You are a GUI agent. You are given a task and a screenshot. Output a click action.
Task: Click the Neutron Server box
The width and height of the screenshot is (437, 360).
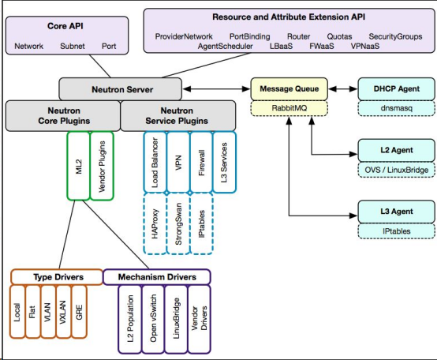click(x=121, y=89)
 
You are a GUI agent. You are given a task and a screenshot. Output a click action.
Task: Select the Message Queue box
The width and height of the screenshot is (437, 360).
click(x=289, y=89)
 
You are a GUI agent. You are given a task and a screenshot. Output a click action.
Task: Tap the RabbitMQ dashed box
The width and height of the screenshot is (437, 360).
click(x=289, y=108)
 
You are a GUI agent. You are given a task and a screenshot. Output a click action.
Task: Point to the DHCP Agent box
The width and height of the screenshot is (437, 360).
click(x=396, y=89)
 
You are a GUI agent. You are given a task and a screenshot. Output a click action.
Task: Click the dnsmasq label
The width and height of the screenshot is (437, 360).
click(x=396, y=108)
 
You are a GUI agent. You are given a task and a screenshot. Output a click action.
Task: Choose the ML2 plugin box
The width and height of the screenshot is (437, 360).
click(x=79, y=166)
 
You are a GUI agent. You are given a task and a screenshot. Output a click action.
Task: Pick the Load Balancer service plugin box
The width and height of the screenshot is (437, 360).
click(x=155, y=163)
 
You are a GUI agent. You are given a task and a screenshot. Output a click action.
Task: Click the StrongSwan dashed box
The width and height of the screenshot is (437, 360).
click(x=178, y=223)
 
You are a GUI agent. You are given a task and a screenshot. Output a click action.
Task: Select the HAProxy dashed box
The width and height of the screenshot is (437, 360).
click(x=155, y=223)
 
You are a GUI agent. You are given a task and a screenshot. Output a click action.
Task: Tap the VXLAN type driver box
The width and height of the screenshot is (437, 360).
click(x=63, y=312)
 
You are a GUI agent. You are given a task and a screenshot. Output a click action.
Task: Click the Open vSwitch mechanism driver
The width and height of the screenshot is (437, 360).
click(x=153, y=319)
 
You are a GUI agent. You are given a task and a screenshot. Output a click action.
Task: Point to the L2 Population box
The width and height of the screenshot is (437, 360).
click(x=130, y=319)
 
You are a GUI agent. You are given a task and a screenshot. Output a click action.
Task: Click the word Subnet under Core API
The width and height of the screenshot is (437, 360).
click(x=73, y=46)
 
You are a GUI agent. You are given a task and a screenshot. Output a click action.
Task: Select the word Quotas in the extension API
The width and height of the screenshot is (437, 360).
click(x=339, y=36)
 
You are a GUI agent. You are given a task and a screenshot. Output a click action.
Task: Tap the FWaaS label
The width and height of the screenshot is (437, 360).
click(x=322, y=46)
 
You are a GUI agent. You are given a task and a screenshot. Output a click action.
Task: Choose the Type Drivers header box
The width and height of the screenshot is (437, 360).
click(x=57, y=277)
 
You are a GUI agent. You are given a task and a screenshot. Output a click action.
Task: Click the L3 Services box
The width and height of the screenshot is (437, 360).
click(x=224, y=163)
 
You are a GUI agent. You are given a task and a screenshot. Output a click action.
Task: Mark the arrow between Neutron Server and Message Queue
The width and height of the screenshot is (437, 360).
click(x=216, y=89)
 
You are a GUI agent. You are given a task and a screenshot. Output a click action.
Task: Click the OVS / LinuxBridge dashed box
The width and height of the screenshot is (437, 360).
click(x=396, y=170)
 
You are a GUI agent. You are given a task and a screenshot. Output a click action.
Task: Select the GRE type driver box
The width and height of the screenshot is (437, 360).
click(x=79, y=312)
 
